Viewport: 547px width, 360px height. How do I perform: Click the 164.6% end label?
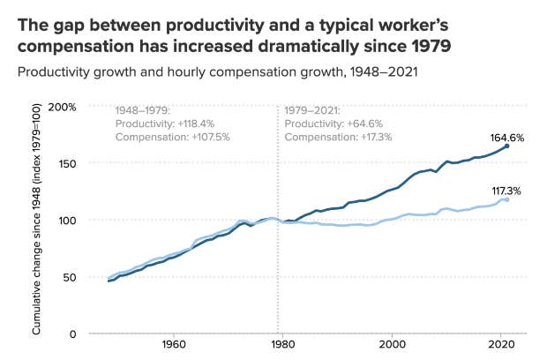[507, 138]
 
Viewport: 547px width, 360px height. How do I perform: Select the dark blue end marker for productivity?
[507, 146]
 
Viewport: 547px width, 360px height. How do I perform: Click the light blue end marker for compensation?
[506, 199]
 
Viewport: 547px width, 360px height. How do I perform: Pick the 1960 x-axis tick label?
[173, 344]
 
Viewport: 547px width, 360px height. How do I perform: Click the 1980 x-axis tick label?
[282, 344]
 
